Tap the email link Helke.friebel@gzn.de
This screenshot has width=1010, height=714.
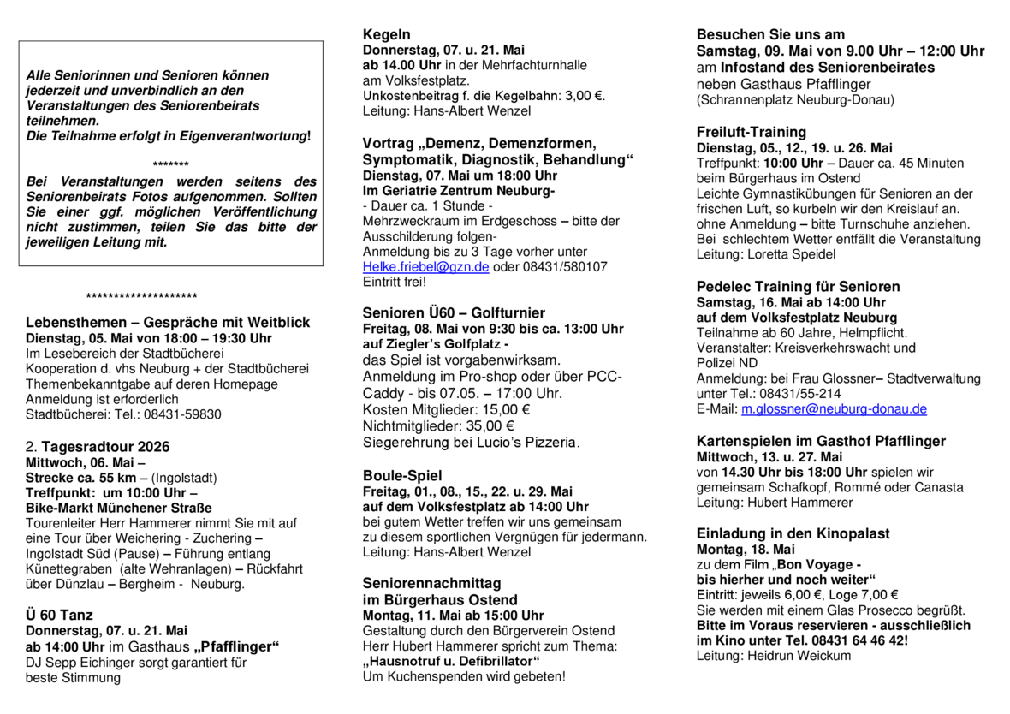425,266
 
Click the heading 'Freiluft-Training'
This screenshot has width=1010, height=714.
752,132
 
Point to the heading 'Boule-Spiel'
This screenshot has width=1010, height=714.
402,475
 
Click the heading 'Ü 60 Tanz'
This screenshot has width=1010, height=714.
59,615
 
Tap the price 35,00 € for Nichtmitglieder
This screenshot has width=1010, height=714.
486,425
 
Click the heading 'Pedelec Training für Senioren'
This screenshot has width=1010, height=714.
798,286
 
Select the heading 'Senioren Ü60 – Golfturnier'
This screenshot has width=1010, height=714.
454,312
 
